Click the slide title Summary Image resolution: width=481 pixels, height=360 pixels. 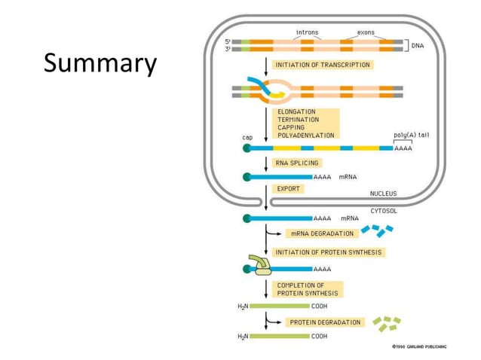[x=100, y=64]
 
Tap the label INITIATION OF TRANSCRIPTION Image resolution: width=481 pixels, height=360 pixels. [x=323, y=66]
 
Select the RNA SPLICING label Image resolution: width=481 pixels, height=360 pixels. [x=297, y=163]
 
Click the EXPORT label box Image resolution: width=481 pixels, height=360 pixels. [x=289, y=189]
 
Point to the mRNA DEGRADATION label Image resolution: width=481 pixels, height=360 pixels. [x=322, y=233]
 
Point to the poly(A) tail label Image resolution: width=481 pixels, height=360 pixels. [x=412, y=136]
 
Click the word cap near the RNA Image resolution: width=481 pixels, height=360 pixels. [x=247, y=138]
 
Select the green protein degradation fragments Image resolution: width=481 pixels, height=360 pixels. [x=388, y=323]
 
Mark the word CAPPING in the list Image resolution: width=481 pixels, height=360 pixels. [x=291, y=128]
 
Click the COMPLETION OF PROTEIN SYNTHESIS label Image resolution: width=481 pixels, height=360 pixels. [x=308, y=289]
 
